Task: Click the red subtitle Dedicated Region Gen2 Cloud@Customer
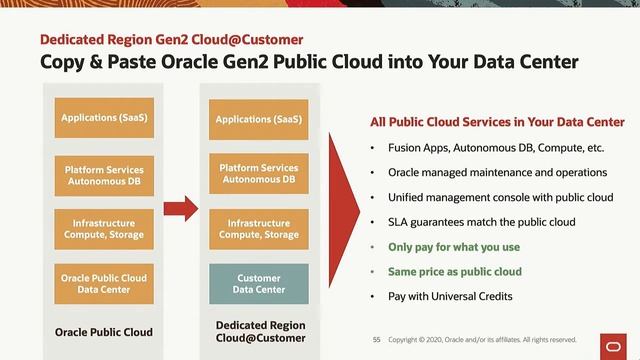[171, 40]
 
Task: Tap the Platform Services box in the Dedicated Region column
[258, 174]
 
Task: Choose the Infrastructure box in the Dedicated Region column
[258, 228]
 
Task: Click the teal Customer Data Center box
[258, 283]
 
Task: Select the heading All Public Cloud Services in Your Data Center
[497, 122]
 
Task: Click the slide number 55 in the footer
[377, 339]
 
